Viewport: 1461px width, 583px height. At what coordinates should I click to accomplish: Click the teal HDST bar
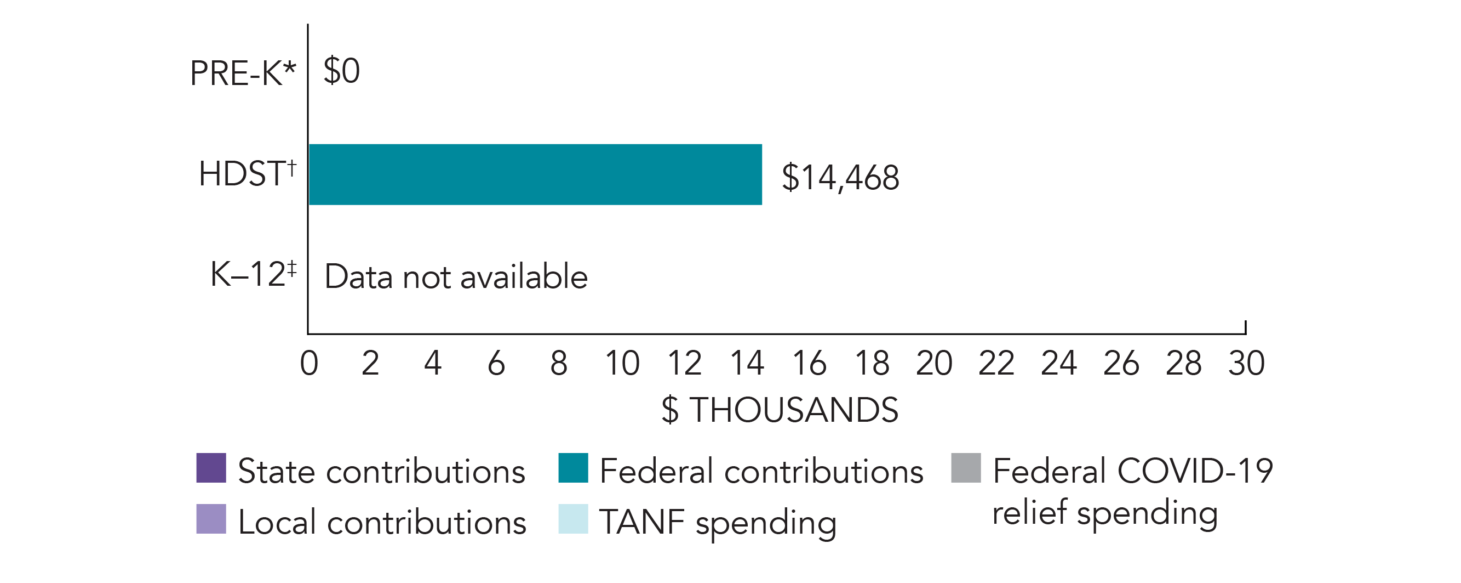pyautogui.click(x=535, y=174)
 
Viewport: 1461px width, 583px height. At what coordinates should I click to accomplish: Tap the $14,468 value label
pyautogui.click(x=840, y=178)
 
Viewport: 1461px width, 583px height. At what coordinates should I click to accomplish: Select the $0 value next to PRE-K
pyautogui.click(x=341, y=71)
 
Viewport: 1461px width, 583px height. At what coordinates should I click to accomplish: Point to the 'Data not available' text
pyautogui.click(x=456, y=277)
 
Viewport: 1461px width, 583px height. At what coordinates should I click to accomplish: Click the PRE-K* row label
pyautogui.click(x=243, y=73)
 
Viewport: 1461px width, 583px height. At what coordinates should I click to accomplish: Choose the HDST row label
pyautogui.click(x=247, y=173)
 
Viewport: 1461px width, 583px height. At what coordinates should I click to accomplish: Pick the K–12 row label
pyautogui.click(x=253, y=274)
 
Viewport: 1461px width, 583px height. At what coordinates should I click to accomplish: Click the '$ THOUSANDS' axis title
pyautogui.click(x=780, y=410)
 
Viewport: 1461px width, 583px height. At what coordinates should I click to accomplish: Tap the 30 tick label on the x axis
pyautogui.click(x=1246, y=363)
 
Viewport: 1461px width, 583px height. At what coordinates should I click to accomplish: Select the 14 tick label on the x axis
pyautogui.click(x=746, y=363)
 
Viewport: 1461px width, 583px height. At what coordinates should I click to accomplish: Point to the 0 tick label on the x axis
pyautogui.click(x=309, y=363)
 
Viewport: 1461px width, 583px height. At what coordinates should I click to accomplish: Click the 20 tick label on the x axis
pyautogui.click(x=933, y=363)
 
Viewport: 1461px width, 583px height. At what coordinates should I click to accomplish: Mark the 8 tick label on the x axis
pyautogui.click(x=559, y=363)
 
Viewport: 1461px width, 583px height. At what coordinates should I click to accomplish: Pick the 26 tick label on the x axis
pyautogui.click(x=1121, y=363)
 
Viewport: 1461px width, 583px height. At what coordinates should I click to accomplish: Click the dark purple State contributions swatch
pyautogui.click(x=211, y=468)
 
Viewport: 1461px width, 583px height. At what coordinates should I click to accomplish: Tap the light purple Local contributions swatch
pyautogui.click(x=211, y=519)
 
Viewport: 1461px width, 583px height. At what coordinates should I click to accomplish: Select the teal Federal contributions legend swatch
pyautogui.click(x=573, y=468)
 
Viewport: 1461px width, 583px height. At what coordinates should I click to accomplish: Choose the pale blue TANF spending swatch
pyautogui.click(x=573, y=519)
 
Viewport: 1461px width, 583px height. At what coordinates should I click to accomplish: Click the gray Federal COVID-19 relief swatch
pyautogui.click(x=966, y=468)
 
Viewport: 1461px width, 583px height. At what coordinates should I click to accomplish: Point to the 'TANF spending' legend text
pyautogui.click(x=718, y=522)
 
